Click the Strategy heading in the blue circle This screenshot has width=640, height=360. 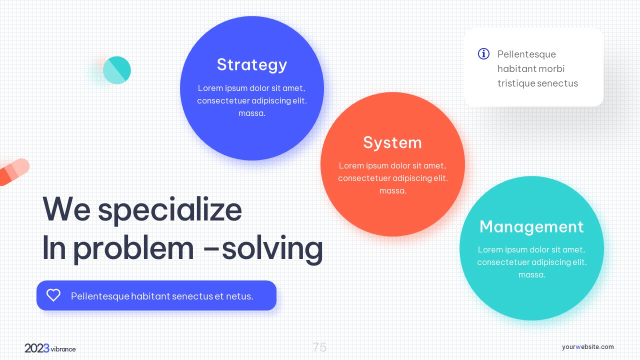coord(251,65)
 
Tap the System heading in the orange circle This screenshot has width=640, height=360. coord(392,142)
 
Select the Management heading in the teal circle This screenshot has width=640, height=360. coord(531,227)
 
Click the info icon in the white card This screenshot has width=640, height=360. coord(483,53)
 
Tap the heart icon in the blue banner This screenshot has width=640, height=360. coord(53,295)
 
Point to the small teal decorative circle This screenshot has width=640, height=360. coord(117,70)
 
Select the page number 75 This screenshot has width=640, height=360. coord(319,347)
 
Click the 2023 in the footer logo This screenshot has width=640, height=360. coord(37,348)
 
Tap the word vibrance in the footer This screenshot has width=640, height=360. coord(63,349)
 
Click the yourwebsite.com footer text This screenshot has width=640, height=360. coord(587,347)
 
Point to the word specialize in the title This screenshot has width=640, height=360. coord(170,210)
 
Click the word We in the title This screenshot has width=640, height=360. coord(66,209)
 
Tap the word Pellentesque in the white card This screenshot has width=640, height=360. coord(526,54)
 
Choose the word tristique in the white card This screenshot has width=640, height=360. coord(516,83)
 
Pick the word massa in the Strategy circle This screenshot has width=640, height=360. coord(251,113)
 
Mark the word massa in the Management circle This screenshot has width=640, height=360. coord(531,275)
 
